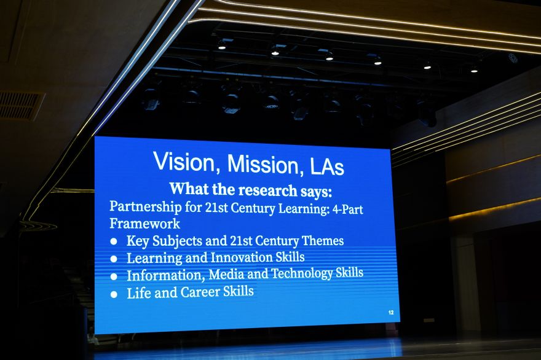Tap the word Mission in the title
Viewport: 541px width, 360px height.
pyautogui.click(x=263, y=164)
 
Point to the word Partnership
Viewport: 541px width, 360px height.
pyautogui.click(x=145, y=207)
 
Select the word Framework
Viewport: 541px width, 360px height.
pyautogui.click(x=144, y=224)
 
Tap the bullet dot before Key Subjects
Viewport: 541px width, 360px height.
pyautogui.click(x=114, y=241)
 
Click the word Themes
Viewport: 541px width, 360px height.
pyautogui.click(x=323, y=240)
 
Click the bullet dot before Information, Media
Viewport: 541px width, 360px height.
pyautogui.click(x=114, y=276)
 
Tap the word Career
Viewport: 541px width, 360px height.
pyautogui.click(x=200, y=292)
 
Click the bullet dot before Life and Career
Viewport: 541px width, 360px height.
pyautogui.click(x=114, y=294)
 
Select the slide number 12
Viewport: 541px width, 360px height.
pyautogui.click(x=391, y=313)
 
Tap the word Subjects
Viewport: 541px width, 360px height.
pyautogui.click(x=177, y=241)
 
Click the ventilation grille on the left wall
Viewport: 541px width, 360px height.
pyautogui.click(x=21, y=106)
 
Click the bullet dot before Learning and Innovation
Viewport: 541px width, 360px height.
pyautogui.click(x=114, y=259)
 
